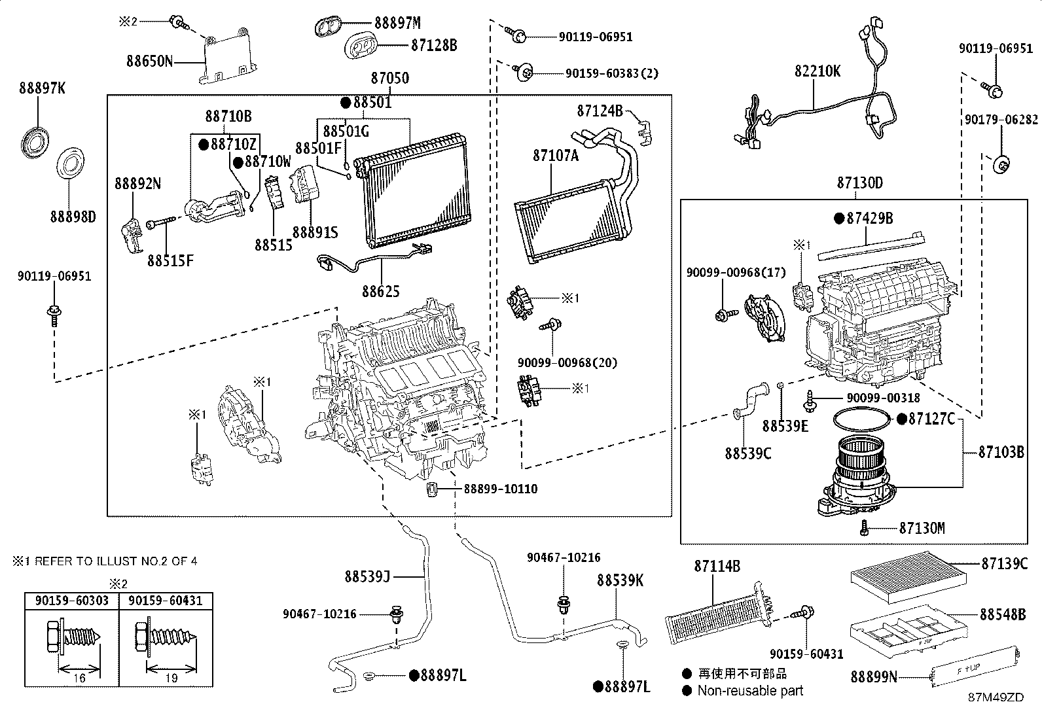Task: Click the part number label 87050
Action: [390, 79]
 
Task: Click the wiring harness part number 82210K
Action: [817, 71]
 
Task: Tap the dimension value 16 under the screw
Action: [79, 678]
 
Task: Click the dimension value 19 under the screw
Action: [171, 678]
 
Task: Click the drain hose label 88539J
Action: [367, 576]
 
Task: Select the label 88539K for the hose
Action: [620, 580]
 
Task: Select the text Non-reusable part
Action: [750, 691]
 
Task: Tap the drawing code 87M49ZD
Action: [996, 697]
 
